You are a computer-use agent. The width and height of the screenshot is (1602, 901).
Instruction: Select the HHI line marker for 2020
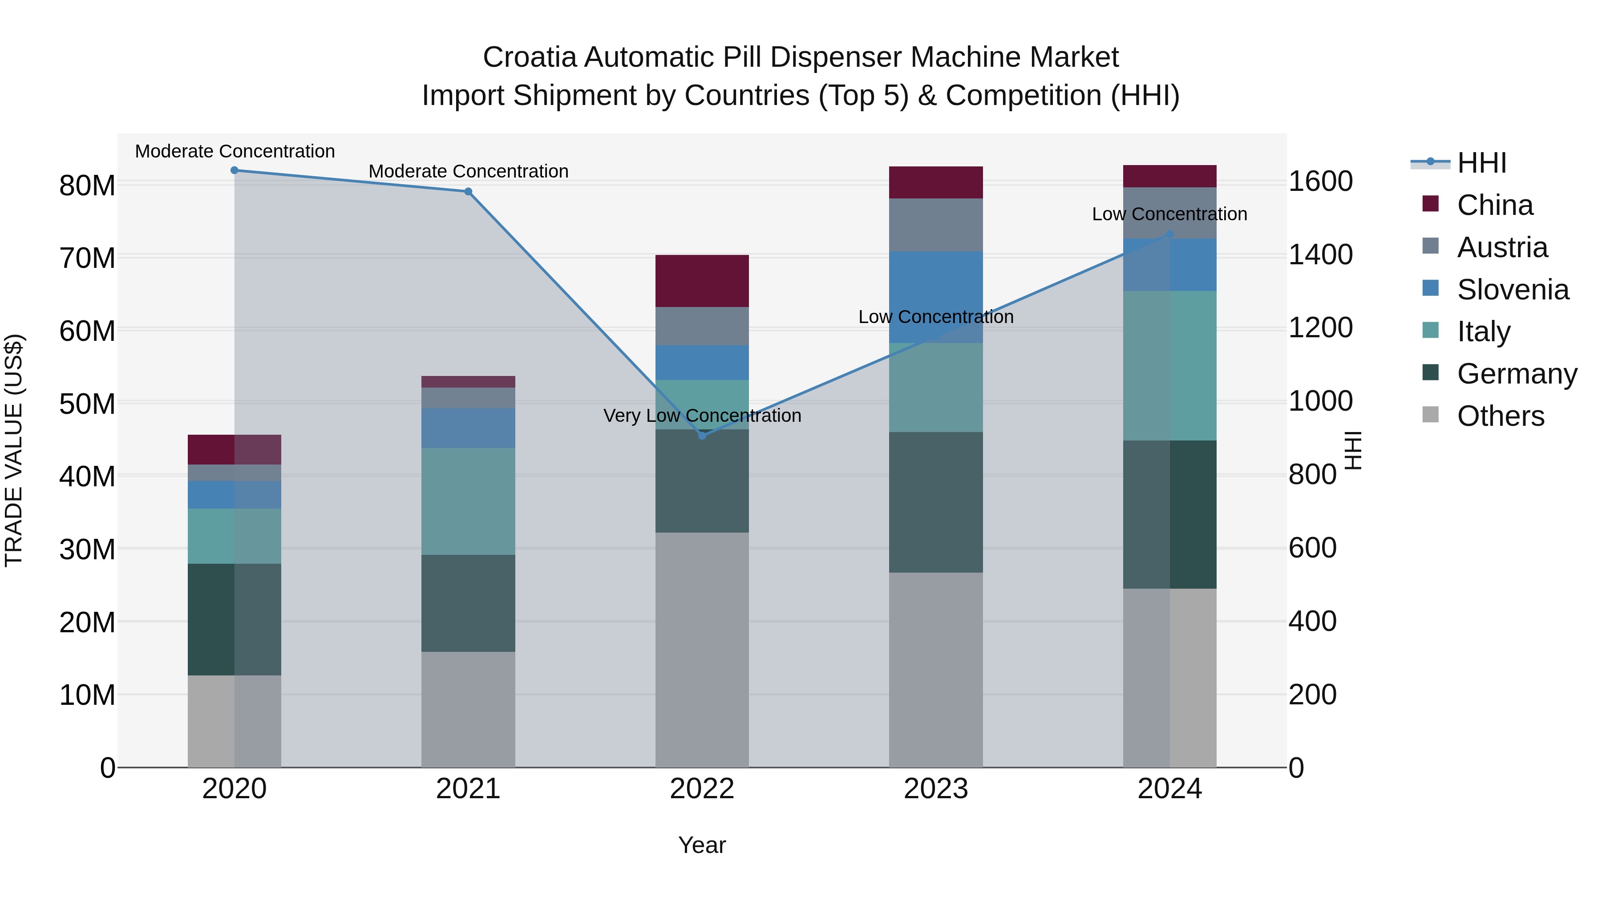coord(235,170)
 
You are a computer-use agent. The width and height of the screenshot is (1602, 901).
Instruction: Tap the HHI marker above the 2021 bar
coord(468,191)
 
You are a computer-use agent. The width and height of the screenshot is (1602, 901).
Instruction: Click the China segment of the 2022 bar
coord(702,281)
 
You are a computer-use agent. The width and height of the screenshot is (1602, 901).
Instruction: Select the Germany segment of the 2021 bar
coord(468,603)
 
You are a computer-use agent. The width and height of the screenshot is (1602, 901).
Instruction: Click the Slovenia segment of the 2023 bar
coord(936,297)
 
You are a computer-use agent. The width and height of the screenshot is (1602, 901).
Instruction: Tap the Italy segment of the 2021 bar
coord(468,501)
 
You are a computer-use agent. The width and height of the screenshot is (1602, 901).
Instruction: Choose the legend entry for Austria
coord(1502,247)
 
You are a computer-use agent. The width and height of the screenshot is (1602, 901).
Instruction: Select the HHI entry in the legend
coord(1481,163)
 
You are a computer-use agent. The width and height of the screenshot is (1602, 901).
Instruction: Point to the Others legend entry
coord(1500,416)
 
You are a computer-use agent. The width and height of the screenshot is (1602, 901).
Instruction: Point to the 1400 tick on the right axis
coord(1320,255)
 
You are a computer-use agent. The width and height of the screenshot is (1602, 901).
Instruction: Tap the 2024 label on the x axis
coord(1169,789)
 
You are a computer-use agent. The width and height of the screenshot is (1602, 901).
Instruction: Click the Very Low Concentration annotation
coord(702,416)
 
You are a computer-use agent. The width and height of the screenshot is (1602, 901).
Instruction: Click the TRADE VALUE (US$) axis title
coord(14,450)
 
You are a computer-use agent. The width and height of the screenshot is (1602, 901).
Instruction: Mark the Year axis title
coord(702,845)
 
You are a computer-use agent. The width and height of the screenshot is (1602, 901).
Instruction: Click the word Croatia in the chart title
coord(530,57)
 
